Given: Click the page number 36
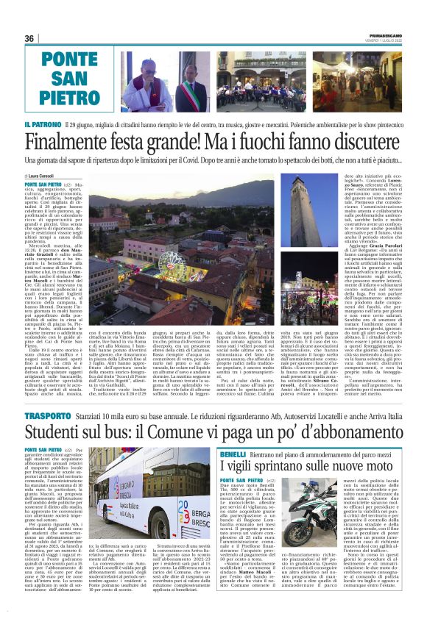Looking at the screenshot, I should pos(30,38).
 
